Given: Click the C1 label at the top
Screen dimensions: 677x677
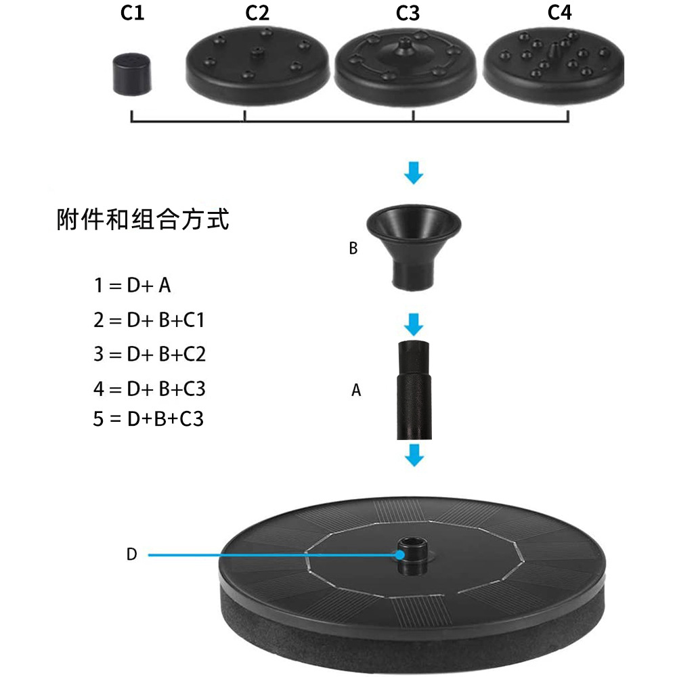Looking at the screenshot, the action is pyautogui.click(x=132, y=13).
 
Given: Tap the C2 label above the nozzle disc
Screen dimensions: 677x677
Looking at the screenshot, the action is pyautogui.click(x=257, y=13).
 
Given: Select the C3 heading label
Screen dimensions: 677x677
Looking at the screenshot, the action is pyautogui.click(x=408, y=13).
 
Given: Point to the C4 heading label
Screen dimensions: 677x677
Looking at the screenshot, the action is pyautogui.click(x=559, y=13).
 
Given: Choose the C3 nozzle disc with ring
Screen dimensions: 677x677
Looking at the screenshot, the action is pyautogui.click(x=406, y=64).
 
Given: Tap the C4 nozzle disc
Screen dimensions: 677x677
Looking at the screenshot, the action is pyautogui.click(x=554, y=64).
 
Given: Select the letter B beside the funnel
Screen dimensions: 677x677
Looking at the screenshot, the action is pyautogui.click(x=353, y=248).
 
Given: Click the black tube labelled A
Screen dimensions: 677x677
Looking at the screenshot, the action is pyautogui.click(x=414, y=390).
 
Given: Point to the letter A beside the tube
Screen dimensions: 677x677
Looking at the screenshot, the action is pyautogui.click(x=356, y=391).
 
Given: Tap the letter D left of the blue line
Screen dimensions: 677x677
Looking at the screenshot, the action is pyautogui.click(x=131, y=554).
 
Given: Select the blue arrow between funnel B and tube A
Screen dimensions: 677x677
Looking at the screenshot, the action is pyautogui.click(x=414, y=323).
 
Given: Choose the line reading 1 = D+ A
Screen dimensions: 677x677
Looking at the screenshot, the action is pyautogui.click(x=132, y=285).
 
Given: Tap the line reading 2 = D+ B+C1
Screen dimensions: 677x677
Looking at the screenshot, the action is pyautogui.click(x=149, y=320).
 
